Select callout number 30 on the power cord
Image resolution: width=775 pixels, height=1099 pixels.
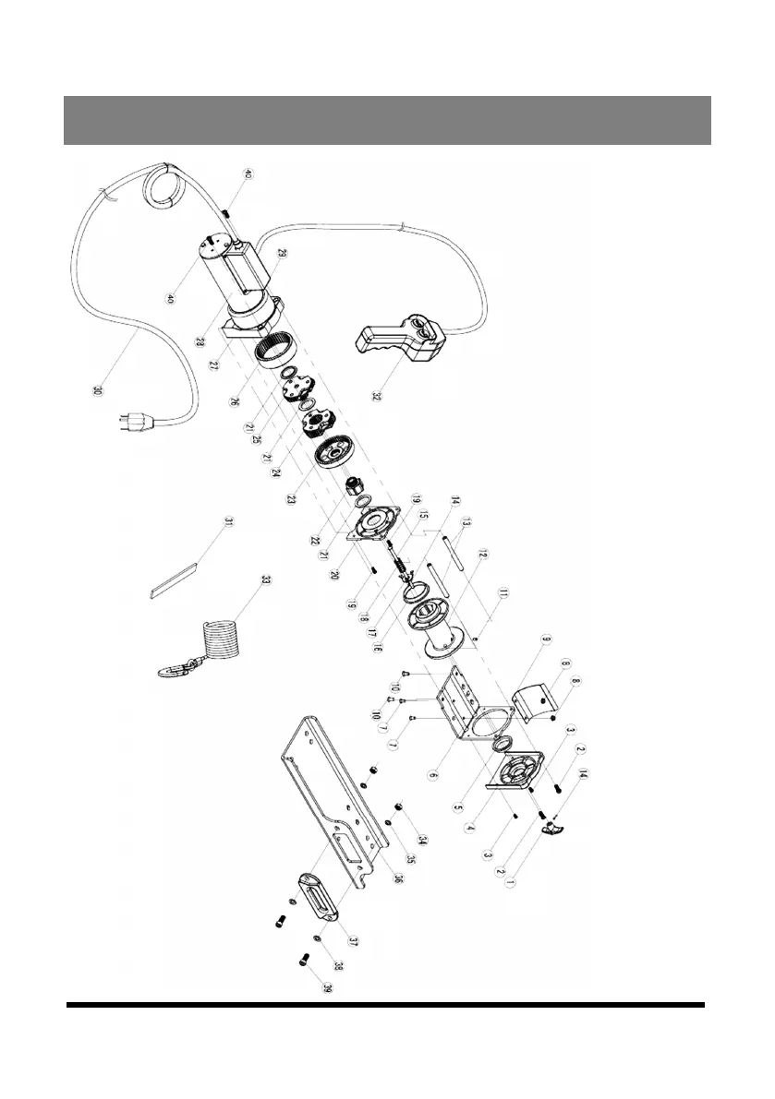tap(98, 390)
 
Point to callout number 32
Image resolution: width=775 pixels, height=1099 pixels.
tap(376, 398)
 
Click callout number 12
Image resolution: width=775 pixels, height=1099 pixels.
tap(481, 555)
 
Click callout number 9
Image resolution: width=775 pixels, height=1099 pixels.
tap(544, 639)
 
